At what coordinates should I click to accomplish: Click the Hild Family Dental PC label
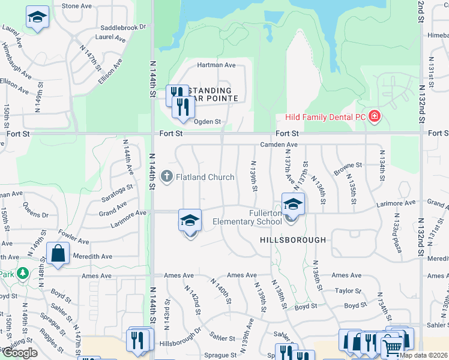pos(322,116)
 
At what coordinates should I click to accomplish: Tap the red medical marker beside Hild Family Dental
pos(375,116)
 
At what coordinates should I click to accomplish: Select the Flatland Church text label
pos(205,177)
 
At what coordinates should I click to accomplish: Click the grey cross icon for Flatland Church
pos(166,176)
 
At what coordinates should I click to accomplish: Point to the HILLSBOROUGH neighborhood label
pos(294,240)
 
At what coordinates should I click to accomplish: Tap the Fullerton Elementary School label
pos(247,217)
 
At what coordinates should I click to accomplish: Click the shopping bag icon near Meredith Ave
pos(58,253)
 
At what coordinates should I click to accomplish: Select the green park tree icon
pos(23,274)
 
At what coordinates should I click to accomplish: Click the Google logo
pos(20,352)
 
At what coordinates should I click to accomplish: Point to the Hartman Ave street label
pos(217,65)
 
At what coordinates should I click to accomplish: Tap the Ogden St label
pos(207,122)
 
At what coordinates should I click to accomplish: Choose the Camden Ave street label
pos(279,145)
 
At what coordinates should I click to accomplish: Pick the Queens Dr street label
pos(36,211)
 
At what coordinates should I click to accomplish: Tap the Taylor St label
pos(348,290)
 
